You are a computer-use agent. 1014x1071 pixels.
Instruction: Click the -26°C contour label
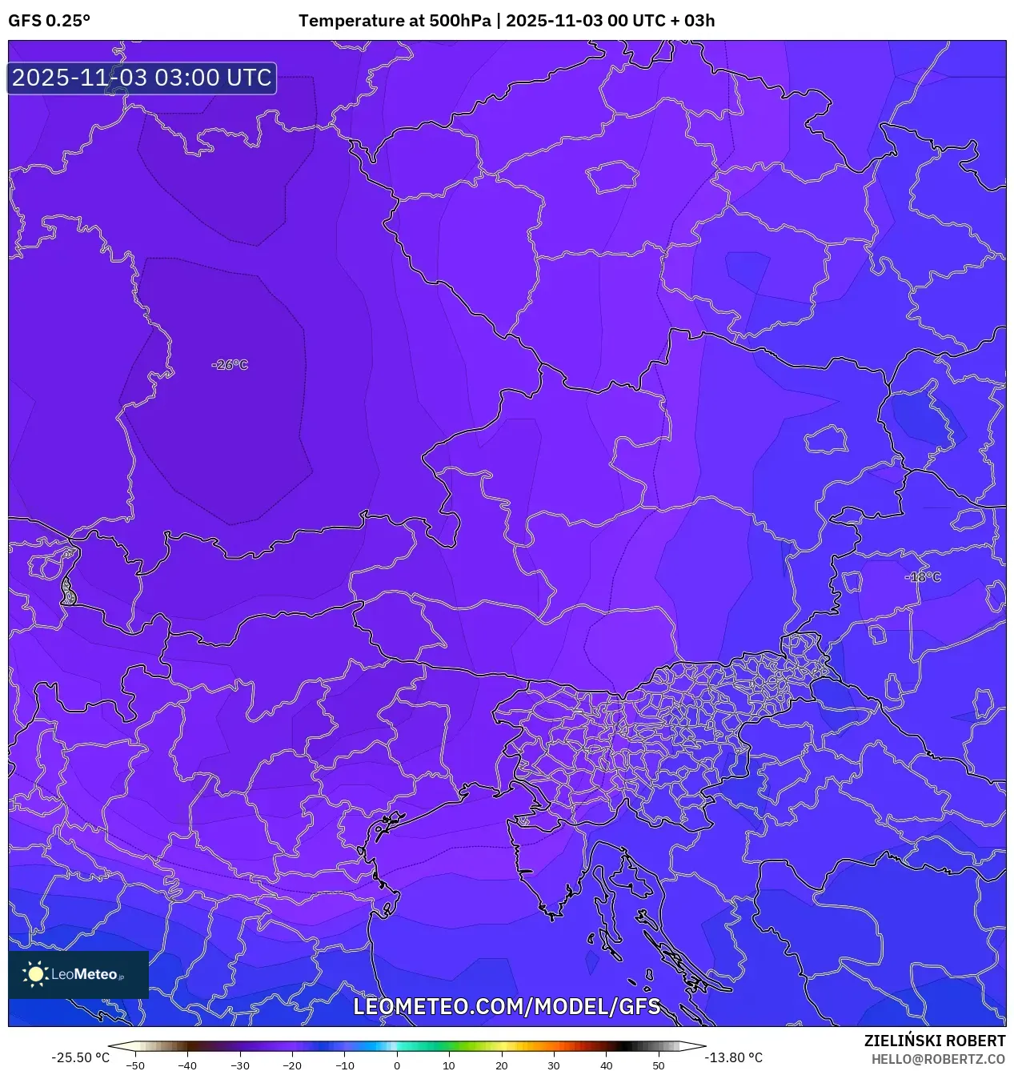[230, 365]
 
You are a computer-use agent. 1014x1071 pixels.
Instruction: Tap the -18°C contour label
[923, 577]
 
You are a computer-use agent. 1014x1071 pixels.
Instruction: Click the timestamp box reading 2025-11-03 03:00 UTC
[142, 78]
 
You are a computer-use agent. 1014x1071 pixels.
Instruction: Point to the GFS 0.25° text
[49, 21]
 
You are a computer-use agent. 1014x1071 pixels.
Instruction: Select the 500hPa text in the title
[460, 21]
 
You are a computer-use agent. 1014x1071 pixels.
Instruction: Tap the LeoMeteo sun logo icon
[35, 974]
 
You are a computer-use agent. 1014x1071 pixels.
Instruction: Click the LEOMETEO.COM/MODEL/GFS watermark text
[507, 1006]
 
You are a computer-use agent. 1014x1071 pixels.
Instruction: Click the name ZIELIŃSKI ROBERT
[934, 1041]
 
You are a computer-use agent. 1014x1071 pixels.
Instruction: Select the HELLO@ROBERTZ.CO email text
[938, 1059]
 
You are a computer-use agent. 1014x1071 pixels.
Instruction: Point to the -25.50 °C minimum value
[80, 1057]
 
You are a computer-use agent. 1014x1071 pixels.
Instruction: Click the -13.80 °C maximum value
[733, 1057]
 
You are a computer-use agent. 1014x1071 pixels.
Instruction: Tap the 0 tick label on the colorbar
[397, 1065]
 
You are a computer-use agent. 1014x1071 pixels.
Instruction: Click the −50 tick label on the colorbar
[135, 1065]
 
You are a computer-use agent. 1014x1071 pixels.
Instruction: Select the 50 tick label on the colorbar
[659, 1065]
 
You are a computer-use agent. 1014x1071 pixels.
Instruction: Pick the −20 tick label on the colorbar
[292, 1065]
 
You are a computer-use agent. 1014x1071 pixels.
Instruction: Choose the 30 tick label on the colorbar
[554, 1065]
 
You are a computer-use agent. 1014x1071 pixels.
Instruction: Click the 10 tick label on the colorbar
[449, 1065]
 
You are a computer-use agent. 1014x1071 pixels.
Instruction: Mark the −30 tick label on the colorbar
[240, 1065]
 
